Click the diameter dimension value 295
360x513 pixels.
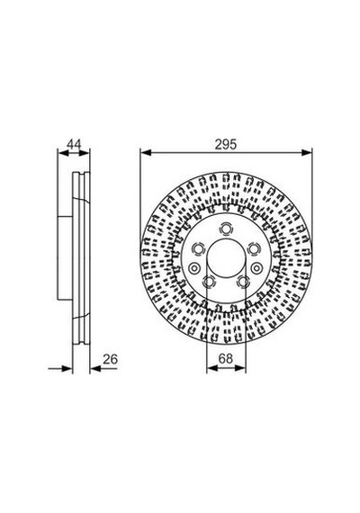coord(226,144)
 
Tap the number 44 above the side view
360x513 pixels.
coord(74,144)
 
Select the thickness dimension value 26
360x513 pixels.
coord(110,359)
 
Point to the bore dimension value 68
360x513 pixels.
coord(226,358)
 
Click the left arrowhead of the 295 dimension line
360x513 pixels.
coord(146,152)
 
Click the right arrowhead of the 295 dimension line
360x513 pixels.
coord(307,152)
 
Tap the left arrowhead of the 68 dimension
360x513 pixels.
coord(212,368)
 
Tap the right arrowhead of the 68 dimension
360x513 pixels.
coord(240,368)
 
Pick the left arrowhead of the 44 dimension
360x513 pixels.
coord(62,152)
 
